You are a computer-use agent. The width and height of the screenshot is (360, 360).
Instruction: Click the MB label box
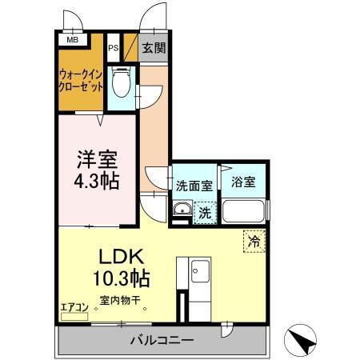click(71, 39)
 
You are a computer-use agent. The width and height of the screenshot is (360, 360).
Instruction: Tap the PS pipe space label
click(113, 47)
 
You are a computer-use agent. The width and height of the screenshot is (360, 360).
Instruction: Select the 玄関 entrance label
click(154, 48)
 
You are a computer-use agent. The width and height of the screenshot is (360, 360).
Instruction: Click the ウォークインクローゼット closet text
click(81, 82)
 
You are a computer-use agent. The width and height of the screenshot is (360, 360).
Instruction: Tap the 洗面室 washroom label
click(194, 185)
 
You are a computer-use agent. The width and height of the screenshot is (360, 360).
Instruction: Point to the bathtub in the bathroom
click(245, 212)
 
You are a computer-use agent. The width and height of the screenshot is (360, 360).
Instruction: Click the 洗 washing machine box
click(205, 214)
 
